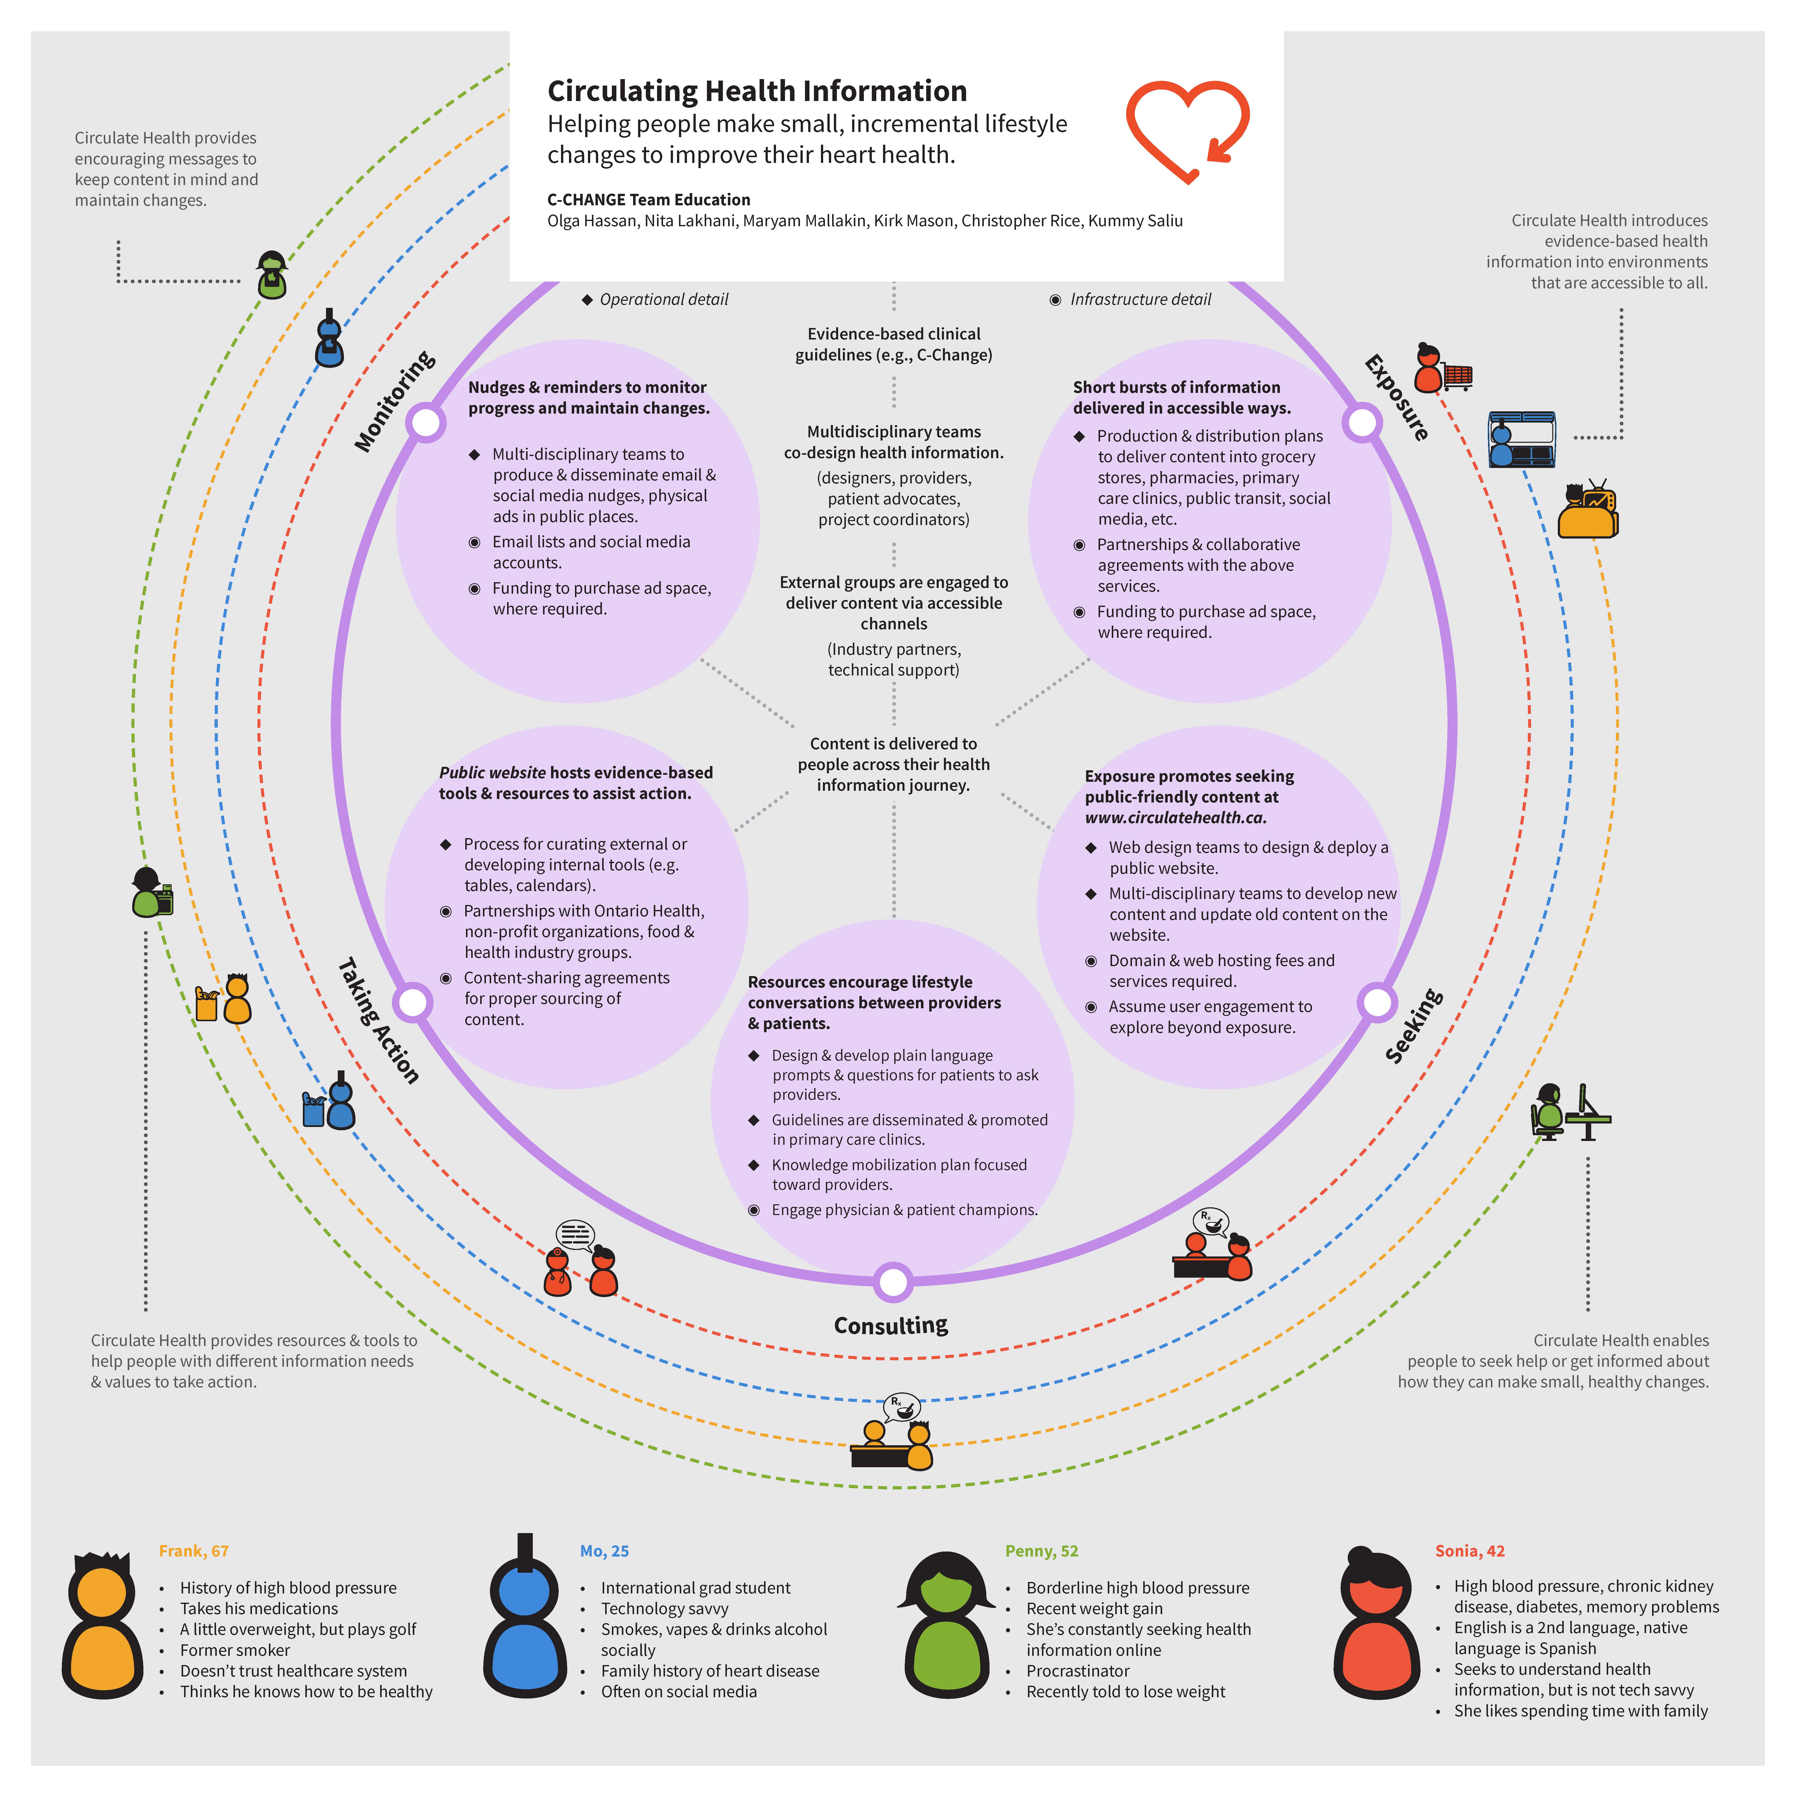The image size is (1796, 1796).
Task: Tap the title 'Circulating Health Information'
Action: click(757, 91)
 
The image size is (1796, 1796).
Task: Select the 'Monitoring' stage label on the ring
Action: click(394, 402)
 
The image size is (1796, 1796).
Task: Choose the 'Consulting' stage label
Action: click(891, 1325)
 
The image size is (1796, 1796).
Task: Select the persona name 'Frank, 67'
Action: click(193, 1551)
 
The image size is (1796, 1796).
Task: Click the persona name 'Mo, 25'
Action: click(604, 1551)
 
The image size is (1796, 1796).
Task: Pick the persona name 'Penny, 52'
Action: click(1041, 1551)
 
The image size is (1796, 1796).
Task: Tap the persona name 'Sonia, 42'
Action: click(1469, 1551)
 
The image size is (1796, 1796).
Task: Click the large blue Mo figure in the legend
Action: click(524, 1622)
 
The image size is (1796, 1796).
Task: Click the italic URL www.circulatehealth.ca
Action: click(1175, 817)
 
